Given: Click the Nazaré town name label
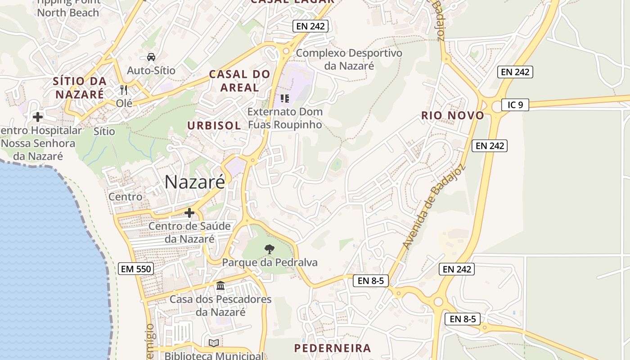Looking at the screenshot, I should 194,182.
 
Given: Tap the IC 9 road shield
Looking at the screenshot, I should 515,105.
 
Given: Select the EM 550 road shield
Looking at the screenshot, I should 136,269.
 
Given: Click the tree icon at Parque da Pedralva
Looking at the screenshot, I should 269,249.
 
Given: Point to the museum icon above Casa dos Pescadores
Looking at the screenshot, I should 220,285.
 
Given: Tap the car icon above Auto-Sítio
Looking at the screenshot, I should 151,57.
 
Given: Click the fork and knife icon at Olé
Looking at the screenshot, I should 124,90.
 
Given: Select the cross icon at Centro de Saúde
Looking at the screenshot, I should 189,212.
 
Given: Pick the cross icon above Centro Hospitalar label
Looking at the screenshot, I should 38,117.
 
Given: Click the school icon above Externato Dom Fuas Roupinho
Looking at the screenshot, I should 285,98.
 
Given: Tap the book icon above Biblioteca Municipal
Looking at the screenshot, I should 214,343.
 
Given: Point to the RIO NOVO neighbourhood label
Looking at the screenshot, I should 453,116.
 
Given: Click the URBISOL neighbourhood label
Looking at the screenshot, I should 214,126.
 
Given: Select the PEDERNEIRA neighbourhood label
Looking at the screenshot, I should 333,348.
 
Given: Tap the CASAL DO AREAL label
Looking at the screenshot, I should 239,81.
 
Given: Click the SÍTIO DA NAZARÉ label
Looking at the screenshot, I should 80,88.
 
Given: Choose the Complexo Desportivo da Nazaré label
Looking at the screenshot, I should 349,59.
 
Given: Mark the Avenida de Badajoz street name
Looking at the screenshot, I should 434,208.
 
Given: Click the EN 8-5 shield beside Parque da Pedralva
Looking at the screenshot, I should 371,281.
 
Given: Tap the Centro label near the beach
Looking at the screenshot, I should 125,197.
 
